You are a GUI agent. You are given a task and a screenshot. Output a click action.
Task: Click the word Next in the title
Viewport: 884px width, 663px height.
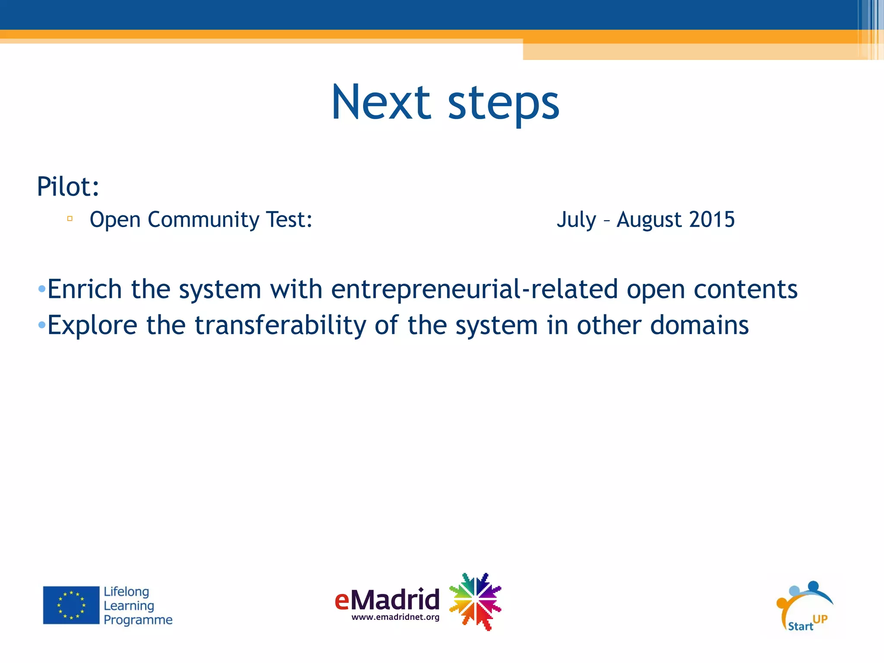coord(381,102)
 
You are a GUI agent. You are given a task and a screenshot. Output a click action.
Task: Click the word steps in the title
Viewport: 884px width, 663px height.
coord(503,104)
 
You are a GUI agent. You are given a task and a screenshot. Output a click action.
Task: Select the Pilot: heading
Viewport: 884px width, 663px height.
coord(68,186)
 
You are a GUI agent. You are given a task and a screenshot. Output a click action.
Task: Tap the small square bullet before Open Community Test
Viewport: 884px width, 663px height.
coord(70,219)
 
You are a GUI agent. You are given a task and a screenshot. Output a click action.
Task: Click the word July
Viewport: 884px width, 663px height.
coord(576,220)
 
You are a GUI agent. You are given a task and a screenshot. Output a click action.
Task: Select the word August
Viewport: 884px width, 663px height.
coord(649,220)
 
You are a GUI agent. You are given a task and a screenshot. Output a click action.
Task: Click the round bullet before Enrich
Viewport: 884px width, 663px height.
coord(41,288)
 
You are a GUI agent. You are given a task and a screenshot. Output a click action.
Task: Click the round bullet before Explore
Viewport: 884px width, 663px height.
coord(41,325)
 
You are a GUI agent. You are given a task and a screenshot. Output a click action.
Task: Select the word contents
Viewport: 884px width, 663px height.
coord(745,289)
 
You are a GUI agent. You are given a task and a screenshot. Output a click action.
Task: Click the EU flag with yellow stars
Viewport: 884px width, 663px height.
coord(71,605)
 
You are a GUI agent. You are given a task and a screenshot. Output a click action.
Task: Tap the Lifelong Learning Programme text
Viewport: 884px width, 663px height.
coord(137,606)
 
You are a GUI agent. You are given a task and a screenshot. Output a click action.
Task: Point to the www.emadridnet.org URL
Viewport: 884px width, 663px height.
coord(395,617)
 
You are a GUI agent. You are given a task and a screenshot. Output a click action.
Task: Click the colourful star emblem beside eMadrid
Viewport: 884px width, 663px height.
coord(475,601)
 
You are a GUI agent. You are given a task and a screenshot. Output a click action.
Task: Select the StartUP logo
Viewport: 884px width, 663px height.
coord(804,606)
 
